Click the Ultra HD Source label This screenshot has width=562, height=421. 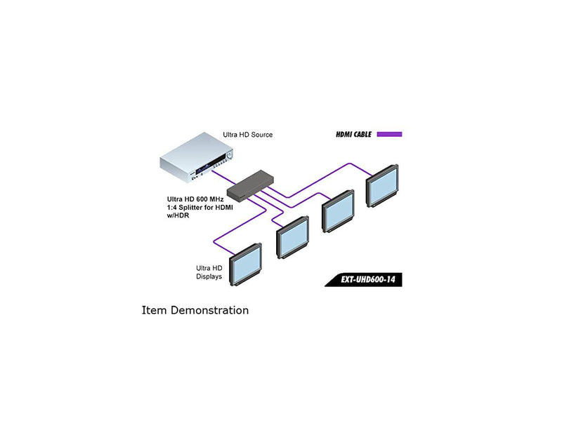[x=247, y=134]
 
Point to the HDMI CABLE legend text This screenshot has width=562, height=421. [x=353, y=134]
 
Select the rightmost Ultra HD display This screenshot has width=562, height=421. [x=381, y=185]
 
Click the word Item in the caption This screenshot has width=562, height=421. [x=154, y=309]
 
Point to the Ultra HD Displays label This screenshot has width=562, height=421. [x=209, y=272]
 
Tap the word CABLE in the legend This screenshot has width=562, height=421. [x=361, y=134]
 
